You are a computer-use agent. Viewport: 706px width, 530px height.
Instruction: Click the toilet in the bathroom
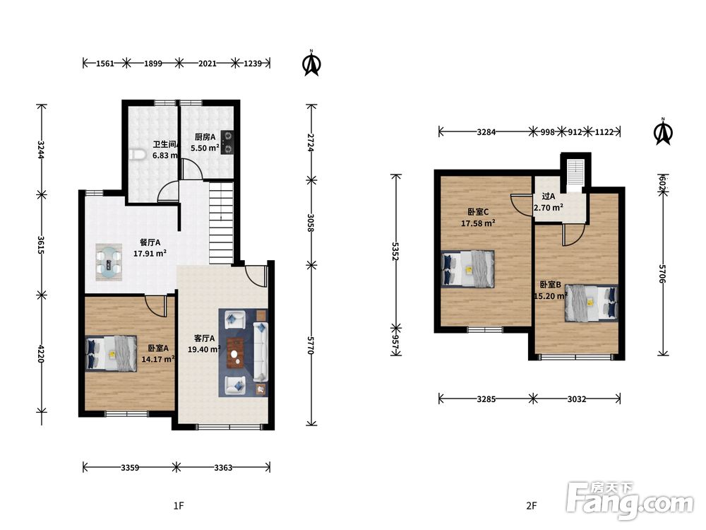click(137, 155)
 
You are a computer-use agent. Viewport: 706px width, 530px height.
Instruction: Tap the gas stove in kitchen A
click(227, 142)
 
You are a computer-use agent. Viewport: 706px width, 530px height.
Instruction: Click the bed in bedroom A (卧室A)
click(112, 353)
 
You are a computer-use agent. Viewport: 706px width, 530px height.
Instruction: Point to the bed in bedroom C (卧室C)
click(468, 269)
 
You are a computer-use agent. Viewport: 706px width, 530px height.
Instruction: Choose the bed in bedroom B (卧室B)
click(591, 303)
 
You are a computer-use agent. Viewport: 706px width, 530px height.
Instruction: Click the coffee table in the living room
click(235, 353)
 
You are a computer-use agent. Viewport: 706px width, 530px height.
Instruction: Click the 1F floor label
click(179, 506)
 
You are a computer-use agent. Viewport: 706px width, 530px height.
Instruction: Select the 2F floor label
click(532, 506)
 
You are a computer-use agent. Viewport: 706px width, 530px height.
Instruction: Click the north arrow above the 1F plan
click(311, 63)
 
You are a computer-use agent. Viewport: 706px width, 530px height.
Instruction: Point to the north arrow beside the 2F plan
click(663, 131)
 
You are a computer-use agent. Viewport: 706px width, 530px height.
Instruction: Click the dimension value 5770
click(310, 346)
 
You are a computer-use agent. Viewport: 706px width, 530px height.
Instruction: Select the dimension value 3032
click(577, 399)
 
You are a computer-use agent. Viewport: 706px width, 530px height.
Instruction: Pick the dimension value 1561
click(105, 63)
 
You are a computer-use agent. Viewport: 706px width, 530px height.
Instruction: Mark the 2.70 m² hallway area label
click(548, 208)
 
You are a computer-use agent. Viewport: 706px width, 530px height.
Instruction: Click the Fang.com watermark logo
click(630, 500)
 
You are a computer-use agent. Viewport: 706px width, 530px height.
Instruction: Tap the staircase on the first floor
click(222, 223)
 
